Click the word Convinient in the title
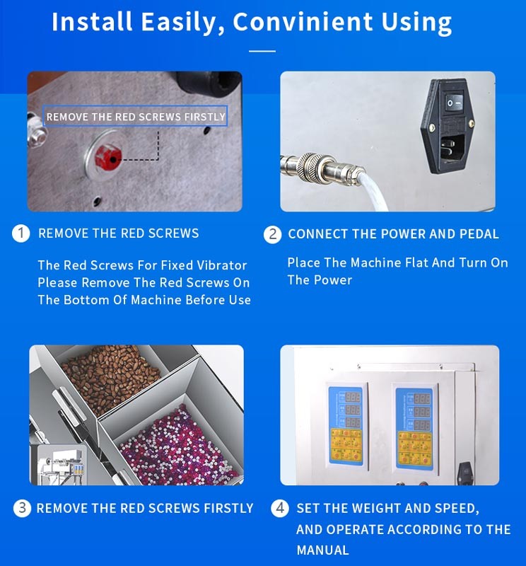tap(303, 22)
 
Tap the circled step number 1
tap(21, 233)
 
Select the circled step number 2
tap(273, 234)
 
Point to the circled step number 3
tap(22, 508)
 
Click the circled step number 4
tap(280, 509)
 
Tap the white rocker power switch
tap(454, 103)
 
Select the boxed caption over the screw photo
tap(135, 116)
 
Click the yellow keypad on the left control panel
tap(346, 445)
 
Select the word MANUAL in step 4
tap(322, 550)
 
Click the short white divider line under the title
tap(262, 51)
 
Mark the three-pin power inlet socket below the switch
tap(452, 148)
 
